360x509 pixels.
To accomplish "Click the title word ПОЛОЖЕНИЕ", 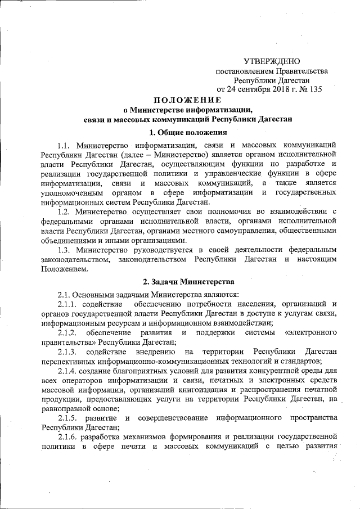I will (184, 100).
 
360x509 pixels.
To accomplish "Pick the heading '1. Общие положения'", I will (184, 133).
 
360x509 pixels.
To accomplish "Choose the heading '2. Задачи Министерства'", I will (184, 281).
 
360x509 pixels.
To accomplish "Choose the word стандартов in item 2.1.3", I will (299, 361).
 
